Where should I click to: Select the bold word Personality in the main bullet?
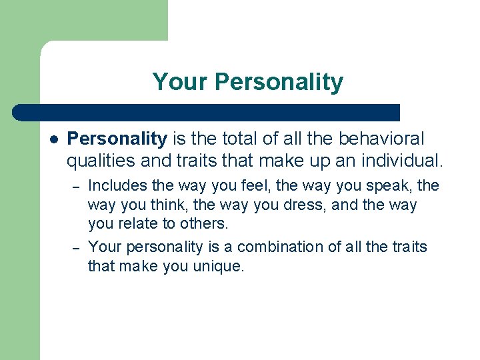tap(117, 139)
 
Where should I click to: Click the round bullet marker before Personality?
tap(53, 139)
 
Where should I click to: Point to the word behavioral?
tap(381, 139)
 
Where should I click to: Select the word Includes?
tap(117, 186)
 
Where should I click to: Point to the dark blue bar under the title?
tap(207, 112)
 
